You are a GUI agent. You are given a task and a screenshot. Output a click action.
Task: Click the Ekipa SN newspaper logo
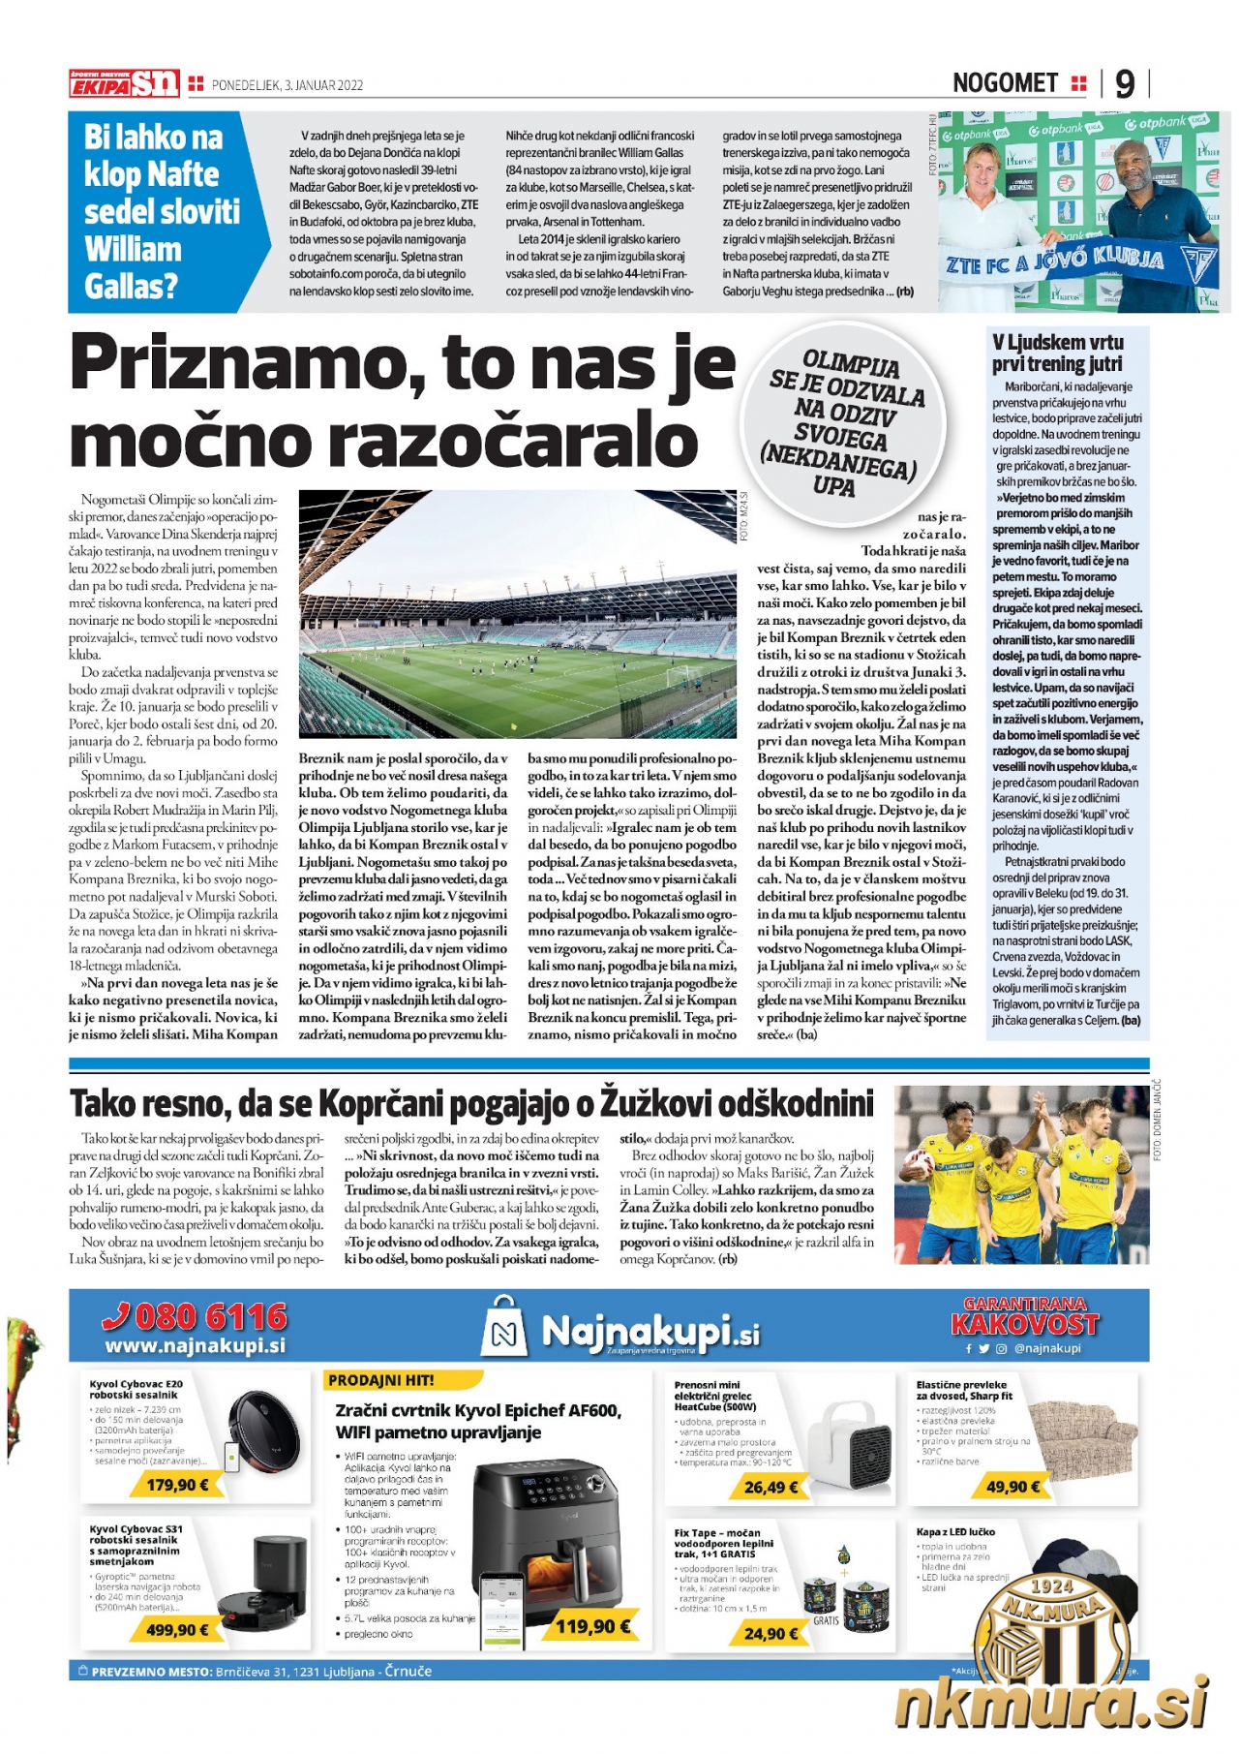pyautogui.click(x=124, y=84)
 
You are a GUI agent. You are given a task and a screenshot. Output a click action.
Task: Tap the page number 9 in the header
pyautogui.click(x=1124, y=84)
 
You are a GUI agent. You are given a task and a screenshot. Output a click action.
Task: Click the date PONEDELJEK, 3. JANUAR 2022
pyautogui.click(x=287, y=85)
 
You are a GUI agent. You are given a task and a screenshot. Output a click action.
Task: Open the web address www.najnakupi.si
pyautogui.click(x=195, y=1346)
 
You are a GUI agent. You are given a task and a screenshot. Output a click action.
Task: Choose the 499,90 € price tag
pyautogui.click(x=177, y=1630)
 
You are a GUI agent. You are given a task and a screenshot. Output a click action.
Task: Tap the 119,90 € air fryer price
pyautogui.click(x=592, y=1626)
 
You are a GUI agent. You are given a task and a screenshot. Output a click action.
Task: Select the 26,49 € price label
pyautogui.click(x=771, y=1487)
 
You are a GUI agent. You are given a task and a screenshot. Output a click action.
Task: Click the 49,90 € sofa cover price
pyautogui.click(x=1013, y=1487)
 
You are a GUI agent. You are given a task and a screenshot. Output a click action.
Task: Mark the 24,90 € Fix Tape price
pyautogui.click(x=771, y=1634)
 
